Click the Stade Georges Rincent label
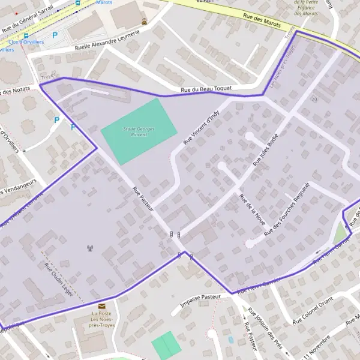click(x=139, y=131)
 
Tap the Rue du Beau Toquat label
click(x=206, y=90)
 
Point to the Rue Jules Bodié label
click(x=266, y=148)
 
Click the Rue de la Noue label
click(x=252, y=209)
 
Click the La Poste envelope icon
click(x=101, y=305)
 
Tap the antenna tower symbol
click(x=90, y=248)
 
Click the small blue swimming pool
click(x=231, y=340)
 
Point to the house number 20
click(x=314, y=99)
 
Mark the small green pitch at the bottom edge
click(x=166, y=345)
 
